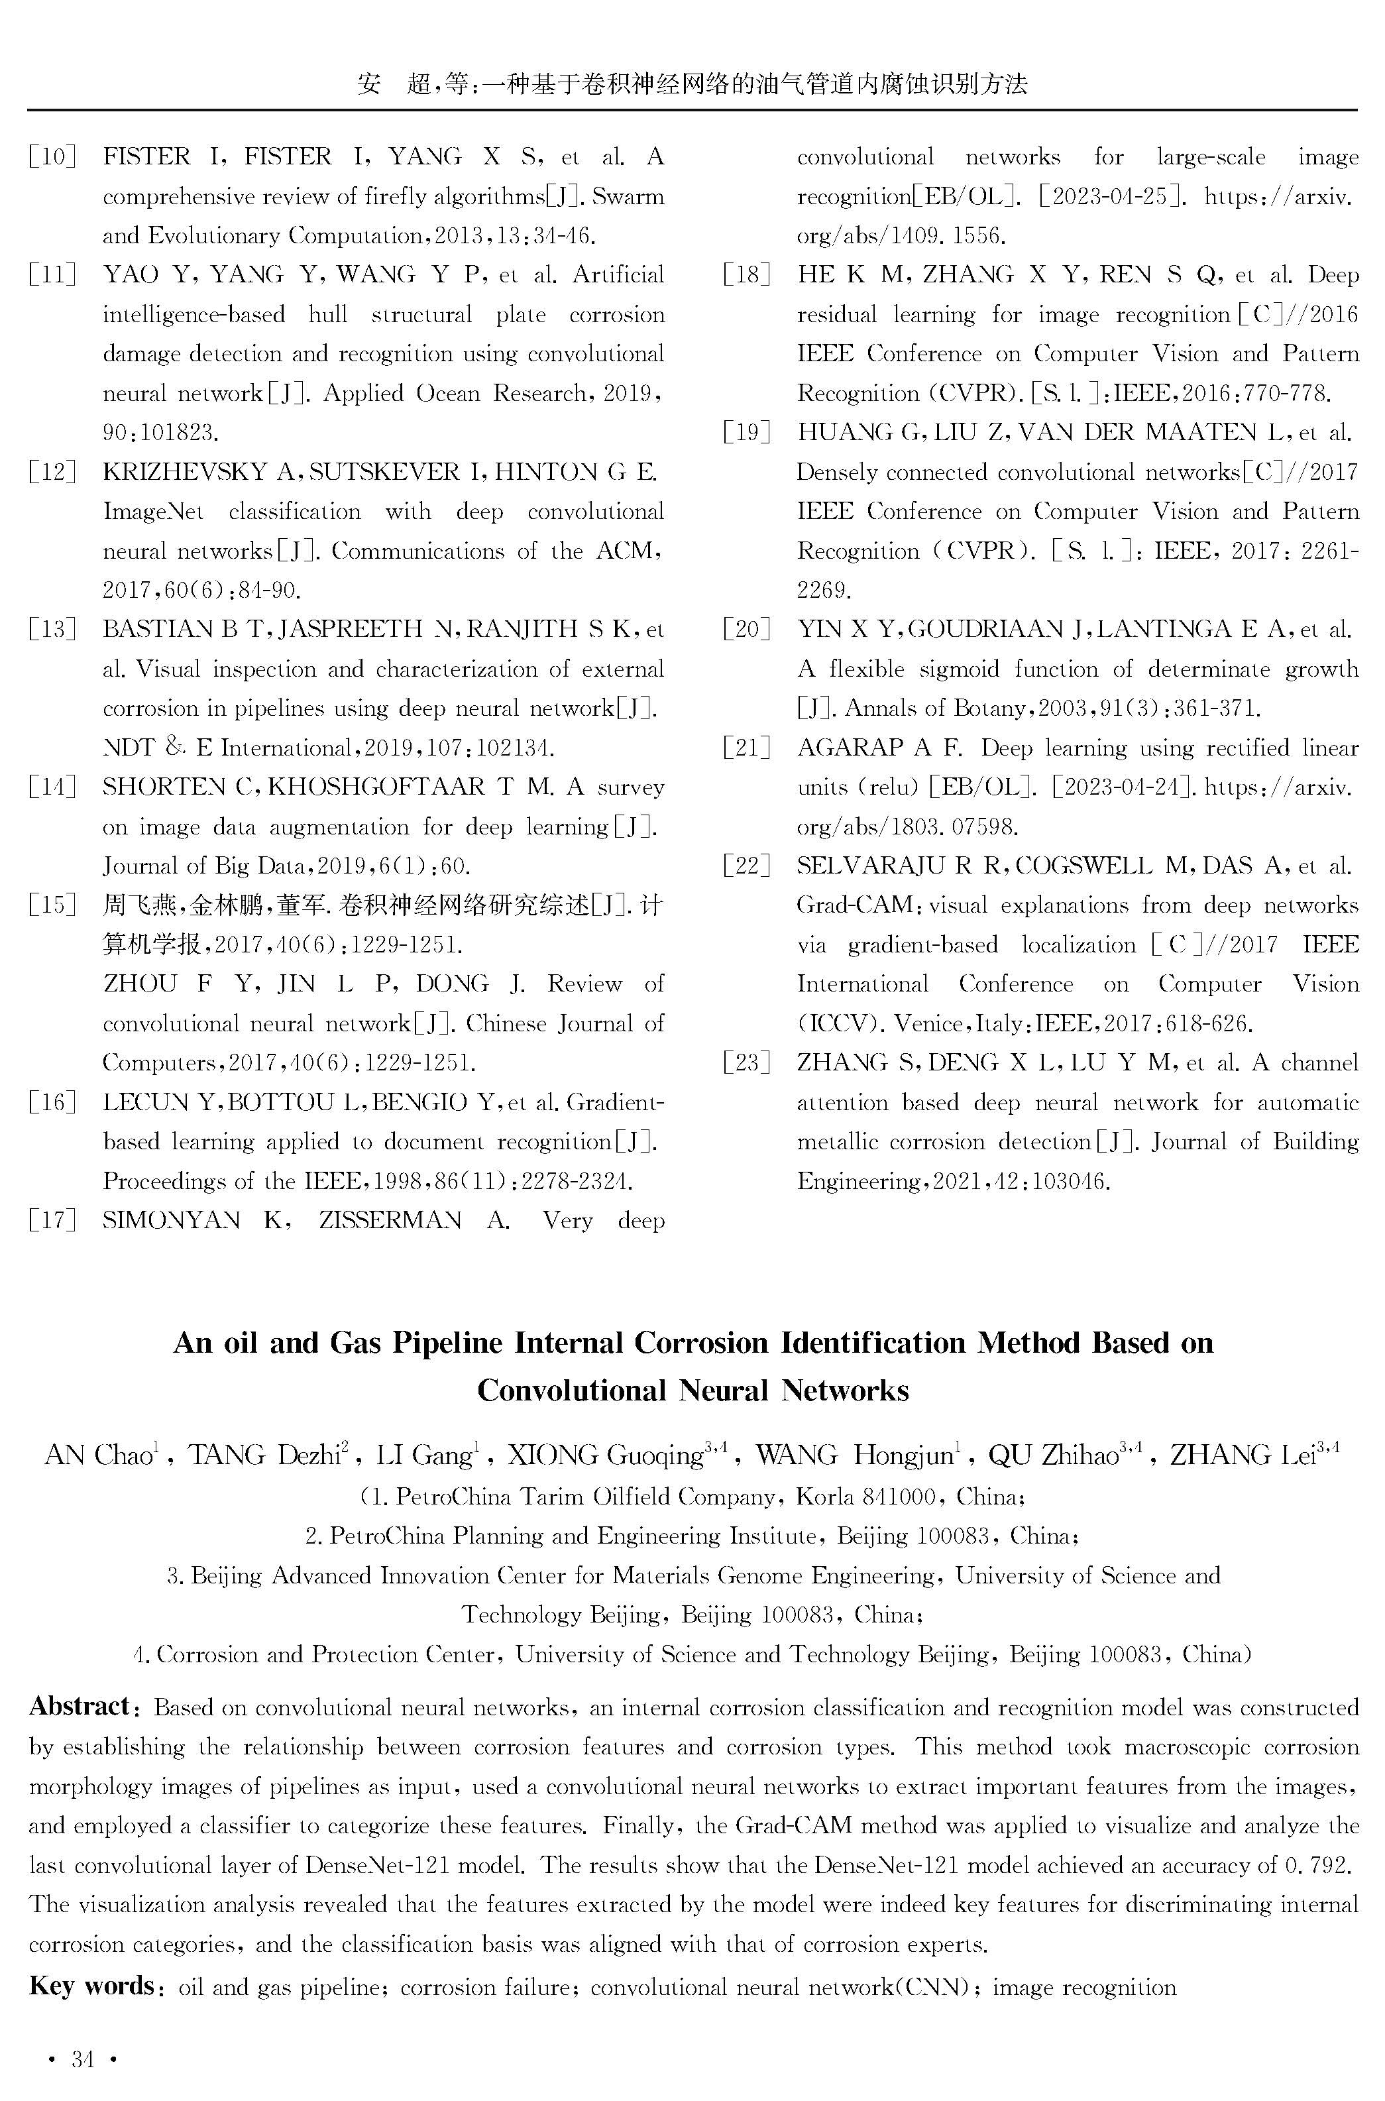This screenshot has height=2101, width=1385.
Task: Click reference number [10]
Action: [51, 157]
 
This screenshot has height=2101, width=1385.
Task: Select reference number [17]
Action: [51, 1221]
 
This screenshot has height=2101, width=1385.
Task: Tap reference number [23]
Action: [746, 1062]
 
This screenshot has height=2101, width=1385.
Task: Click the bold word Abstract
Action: [80, 1705]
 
